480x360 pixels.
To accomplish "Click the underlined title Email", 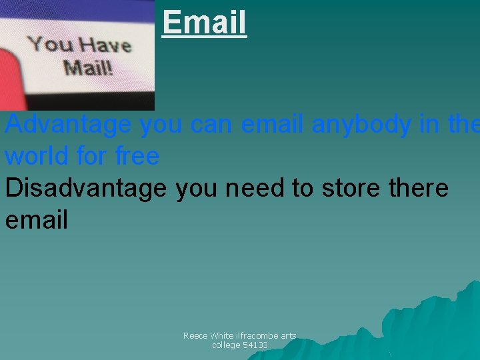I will tap(204, 21).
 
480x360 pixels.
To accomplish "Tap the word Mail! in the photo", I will tap(88, 67).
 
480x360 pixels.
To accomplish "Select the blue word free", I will tap(137, 156).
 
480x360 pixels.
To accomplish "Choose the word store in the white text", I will tap(351, 188).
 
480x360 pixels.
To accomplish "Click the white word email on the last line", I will tap(37, 220).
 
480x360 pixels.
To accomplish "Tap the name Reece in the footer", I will tap(195, 336).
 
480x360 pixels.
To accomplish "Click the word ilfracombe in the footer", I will tap(258, 336).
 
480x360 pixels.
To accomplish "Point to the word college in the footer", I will tap(226, 345).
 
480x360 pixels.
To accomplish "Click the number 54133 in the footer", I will tap(255, 345).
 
